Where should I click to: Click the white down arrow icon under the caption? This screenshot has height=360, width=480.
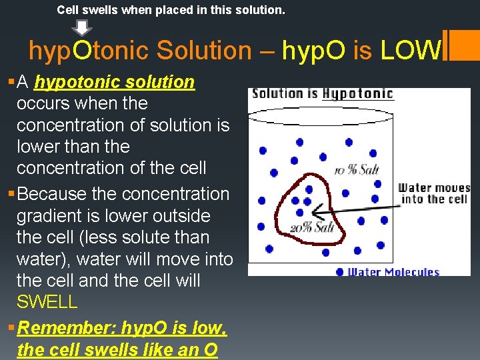82,27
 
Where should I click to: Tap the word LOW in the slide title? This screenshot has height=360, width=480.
411,50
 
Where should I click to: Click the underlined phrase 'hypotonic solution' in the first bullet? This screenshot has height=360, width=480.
115,82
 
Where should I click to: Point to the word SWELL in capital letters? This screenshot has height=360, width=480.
47,301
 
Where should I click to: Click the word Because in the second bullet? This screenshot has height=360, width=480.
57,194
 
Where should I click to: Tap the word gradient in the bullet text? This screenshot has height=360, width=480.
49,216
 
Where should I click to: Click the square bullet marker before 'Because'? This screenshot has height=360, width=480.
9,194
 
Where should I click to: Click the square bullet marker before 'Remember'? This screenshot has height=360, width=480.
9,328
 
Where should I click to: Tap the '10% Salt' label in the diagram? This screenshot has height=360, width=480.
356,170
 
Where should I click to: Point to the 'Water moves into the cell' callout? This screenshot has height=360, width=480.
433,193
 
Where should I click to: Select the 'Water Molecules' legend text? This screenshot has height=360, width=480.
393,271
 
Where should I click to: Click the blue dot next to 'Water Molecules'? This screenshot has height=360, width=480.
340,271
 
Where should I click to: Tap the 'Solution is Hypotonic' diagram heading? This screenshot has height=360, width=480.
323,93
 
